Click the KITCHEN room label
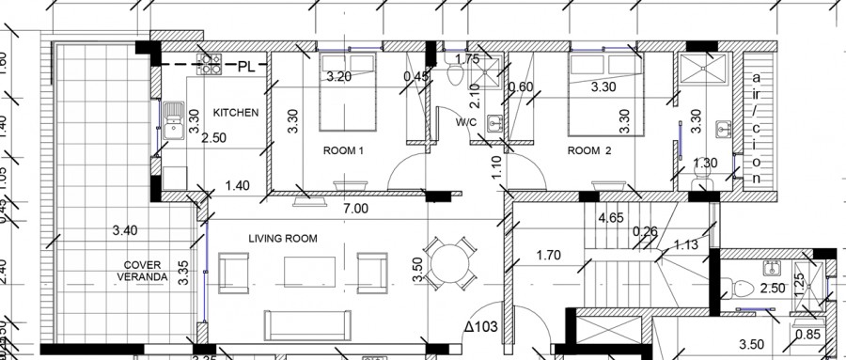[235, 112]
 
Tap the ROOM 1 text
[343, 150]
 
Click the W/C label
[467, 122]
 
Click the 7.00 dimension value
[354, 209]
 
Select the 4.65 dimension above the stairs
[612, 218]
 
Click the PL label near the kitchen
[246, 66]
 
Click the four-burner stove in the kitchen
[209, 64]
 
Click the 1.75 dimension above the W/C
[468, 59]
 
